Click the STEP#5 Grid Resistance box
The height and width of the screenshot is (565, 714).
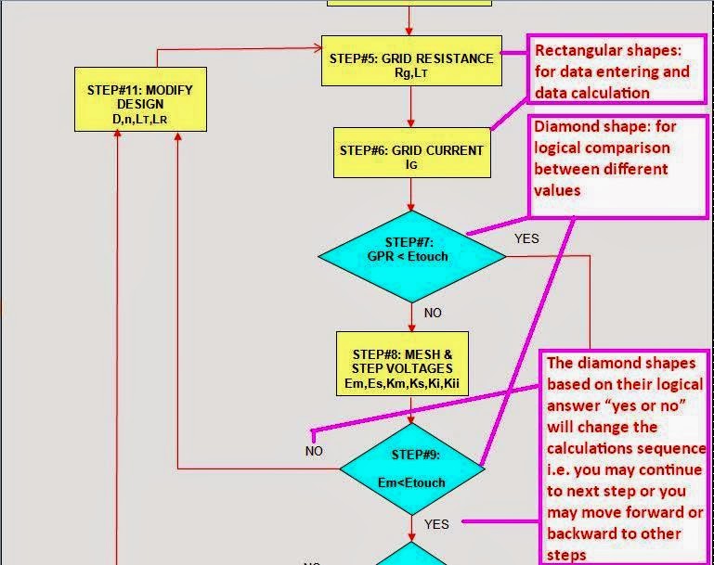[410, 64]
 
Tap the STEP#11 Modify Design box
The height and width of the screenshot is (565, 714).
[140, 98]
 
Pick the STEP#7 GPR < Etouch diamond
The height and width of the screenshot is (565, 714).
[412, 255]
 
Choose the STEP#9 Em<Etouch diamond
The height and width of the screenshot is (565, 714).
[411, 469]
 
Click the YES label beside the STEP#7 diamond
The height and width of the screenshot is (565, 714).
[526, 238]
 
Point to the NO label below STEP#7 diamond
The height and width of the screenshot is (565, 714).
[433, 313]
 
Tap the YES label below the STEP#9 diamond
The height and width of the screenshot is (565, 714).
[436, 524]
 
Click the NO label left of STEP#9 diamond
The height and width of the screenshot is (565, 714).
[314, 451]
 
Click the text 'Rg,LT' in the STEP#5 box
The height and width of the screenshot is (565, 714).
[411, 73]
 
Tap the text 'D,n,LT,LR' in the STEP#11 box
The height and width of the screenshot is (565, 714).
[140, 119]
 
